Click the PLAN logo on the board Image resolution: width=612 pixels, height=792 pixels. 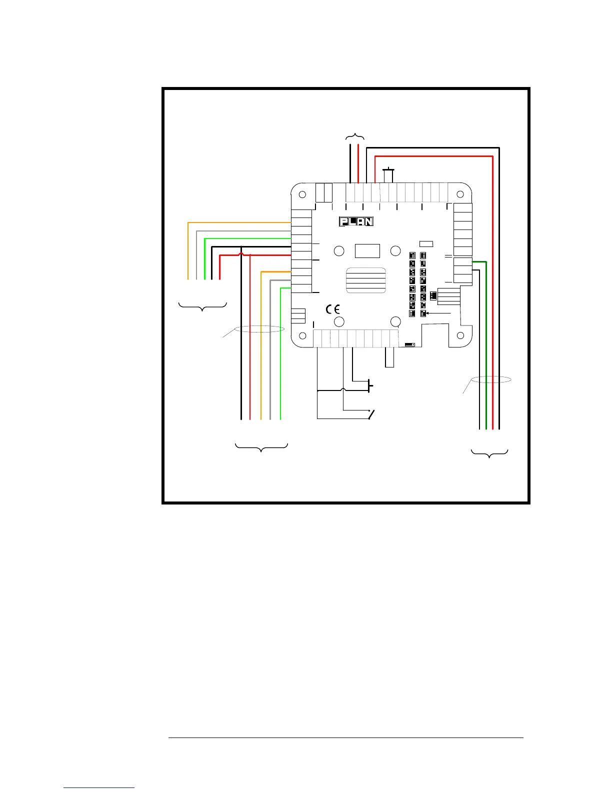[356, 221]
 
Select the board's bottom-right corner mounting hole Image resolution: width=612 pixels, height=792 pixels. [460, 335]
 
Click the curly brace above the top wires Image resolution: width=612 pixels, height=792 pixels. [355, 136]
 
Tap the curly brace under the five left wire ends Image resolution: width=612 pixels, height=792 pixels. [202, 306]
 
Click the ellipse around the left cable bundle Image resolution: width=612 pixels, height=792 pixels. [259, 329]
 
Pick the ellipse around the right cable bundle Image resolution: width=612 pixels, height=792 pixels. [491, 380]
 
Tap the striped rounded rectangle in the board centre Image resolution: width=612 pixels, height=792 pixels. [365, 280]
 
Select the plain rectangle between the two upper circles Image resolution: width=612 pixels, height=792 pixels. [367, 250]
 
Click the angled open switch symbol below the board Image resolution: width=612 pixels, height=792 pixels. [371, 414]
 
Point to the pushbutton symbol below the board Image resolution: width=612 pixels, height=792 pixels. [369, 385]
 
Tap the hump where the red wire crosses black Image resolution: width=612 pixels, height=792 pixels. [241, 255]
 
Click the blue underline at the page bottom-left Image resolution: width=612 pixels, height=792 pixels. [99, 788]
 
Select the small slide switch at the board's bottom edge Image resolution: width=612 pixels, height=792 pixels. [410, 344]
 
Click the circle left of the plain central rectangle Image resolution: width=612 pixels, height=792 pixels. [338, 250]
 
